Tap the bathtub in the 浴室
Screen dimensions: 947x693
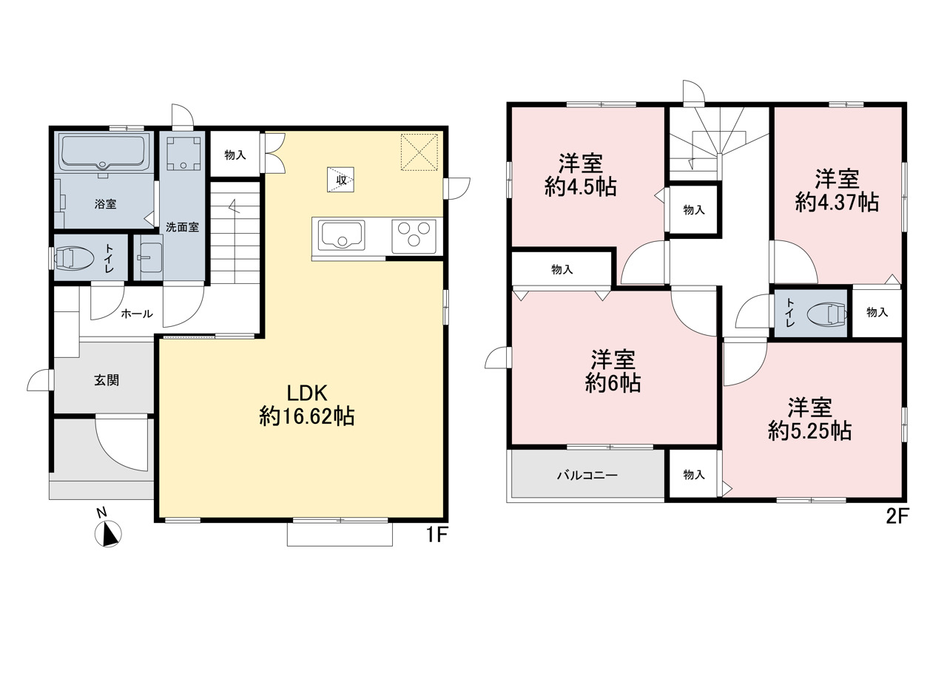[104, 152]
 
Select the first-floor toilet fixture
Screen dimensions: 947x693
[75, 258]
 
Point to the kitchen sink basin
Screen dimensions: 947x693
[343, 235]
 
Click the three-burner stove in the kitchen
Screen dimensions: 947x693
[414, 235]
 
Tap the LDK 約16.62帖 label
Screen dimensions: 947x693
[307, 405]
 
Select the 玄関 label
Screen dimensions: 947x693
[107, 380]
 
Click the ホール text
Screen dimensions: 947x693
[137, 314]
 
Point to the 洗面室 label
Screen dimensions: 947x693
[182, 227]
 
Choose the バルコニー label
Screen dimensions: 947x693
[587, 476]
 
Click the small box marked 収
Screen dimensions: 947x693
[341, 180]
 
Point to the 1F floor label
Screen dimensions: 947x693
[437, 535]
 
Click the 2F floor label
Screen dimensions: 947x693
[897, 517]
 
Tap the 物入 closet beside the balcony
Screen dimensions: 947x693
[694, 475]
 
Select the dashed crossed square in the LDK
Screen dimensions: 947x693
[419, 152]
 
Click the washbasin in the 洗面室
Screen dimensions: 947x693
[150, 259]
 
